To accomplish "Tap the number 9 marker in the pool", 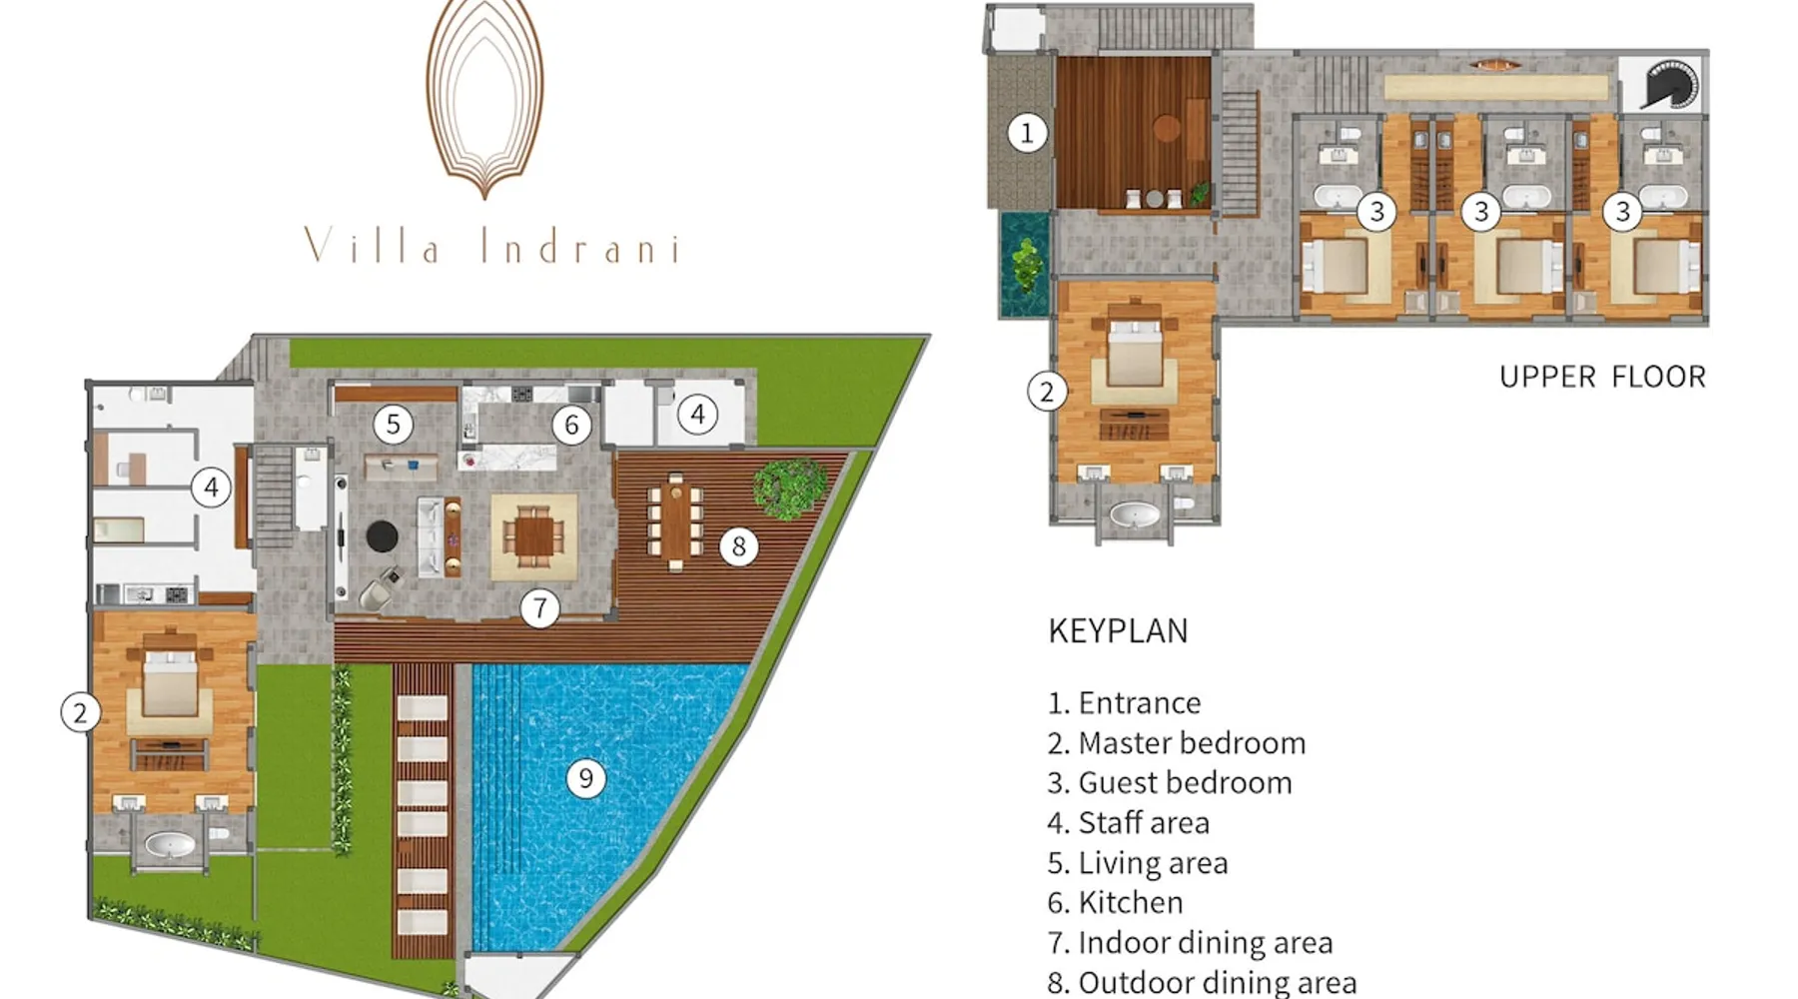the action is (586, 778).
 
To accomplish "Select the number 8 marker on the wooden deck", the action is (739, 545).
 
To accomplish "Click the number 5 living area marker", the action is (394, 424).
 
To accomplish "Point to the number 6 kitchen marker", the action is (571, 425).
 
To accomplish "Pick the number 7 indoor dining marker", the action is (540, 607).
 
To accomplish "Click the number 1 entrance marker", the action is (1027, 132).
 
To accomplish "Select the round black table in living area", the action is (382, 536).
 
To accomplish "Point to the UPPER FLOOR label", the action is (1602, 377).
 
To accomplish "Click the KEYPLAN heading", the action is (1118, 630).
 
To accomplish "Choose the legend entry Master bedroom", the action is (1177, 742).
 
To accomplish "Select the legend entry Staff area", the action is (1129, 822).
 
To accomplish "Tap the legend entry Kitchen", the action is (1116, 902).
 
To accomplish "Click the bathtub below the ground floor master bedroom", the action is (170, 846).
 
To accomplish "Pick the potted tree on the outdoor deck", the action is (789, 488).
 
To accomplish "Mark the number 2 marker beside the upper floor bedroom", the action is (1047, 392).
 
